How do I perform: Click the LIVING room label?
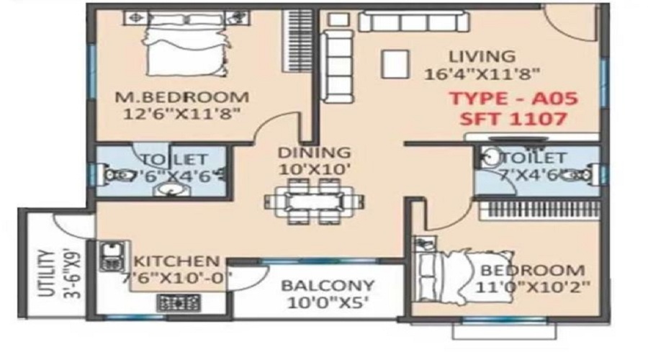(482, 55)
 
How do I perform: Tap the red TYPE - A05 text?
(513, 99)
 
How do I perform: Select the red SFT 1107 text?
(513, 119)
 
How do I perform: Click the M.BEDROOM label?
(182, 97)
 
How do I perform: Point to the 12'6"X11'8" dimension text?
(182, 114)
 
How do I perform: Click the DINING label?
(314, 153)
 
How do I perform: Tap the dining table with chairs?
(315, 202)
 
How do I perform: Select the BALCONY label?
(328, 286)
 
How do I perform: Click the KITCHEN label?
(177, 261)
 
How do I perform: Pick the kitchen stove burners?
(179, 303)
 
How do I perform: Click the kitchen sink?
(111, 256)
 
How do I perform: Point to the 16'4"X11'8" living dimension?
(482, 74)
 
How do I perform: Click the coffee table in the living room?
(395, 64)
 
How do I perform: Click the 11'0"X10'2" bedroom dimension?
(533, 287)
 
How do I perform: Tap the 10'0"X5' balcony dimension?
(328, 302)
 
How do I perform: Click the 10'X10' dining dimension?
(315, 169)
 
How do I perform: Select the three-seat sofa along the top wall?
(414, 22)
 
